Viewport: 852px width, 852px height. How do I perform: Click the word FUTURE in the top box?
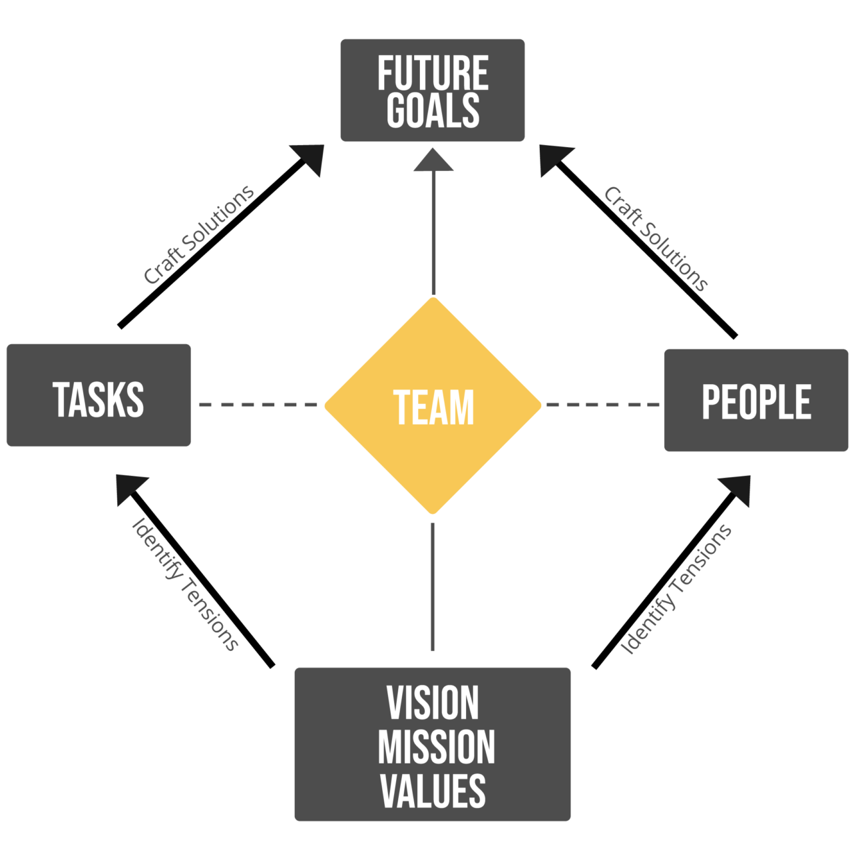click(433, 73)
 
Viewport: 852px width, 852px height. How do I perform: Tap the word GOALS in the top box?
click(433, 110)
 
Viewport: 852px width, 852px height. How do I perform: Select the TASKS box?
click(99, 395)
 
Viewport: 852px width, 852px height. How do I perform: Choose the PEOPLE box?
click(756, 401)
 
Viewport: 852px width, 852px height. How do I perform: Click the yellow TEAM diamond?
click(433, 405)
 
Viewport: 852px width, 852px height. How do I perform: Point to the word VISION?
click(433, 702)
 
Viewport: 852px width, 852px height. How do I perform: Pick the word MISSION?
click(436, 747)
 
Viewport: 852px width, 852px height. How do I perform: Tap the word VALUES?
click(433, 790)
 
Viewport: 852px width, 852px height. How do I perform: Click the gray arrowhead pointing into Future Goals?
click(433, 161)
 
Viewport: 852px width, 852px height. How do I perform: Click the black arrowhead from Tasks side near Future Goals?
click(311, 158)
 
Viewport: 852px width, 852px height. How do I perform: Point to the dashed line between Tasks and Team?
click(258, 404)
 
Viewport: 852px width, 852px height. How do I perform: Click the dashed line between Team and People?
click(602, 404)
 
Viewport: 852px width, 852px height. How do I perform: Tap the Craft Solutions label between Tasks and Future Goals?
click(199, 234)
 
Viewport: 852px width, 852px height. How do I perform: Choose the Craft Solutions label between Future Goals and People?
click(656, 238)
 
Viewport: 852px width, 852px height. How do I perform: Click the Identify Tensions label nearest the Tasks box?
click(185, 583)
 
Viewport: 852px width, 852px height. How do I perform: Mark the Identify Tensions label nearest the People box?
click(676, 588)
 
